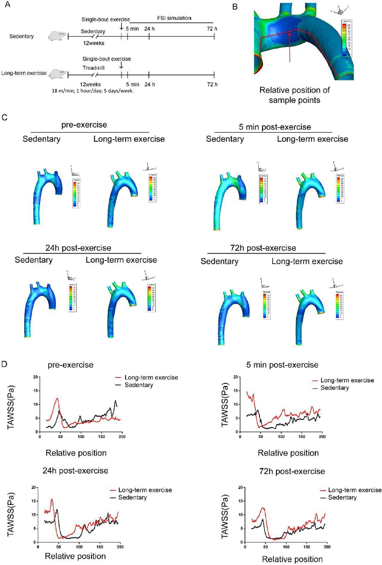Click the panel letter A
(7, 5)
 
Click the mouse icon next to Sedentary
(57, 36)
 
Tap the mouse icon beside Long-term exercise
(57, 74)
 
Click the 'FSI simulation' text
(174, 18)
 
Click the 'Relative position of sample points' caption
(294, 95)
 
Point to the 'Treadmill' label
(94, 68)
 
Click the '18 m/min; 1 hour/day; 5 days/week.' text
(93, 91)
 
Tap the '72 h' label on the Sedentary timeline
(212, 29)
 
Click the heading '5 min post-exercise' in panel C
(275, 127)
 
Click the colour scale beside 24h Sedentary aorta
(72, 297)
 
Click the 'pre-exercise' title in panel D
(70, 365)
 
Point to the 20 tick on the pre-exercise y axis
(35, 377)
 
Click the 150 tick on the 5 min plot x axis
(301, 436)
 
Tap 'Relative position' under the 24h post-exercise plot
(75, 556)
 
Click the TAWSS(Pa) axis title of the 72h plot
(225, 516)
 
